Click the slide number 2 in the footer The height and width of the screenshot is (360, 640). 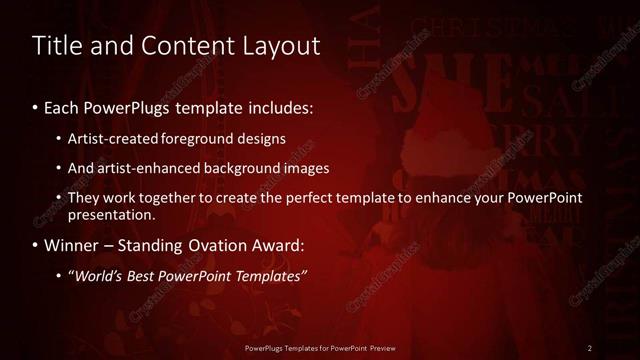(590, 348)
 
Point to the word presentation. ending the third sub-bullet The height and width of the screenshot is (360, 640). (112, 215)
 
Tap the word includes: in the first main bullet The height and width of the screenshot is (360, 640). (277, 107)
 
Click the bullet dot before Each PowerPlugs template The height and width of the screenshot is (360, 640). (36, 107)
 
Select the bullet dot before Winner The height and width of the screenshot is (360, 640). (36, 245)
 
